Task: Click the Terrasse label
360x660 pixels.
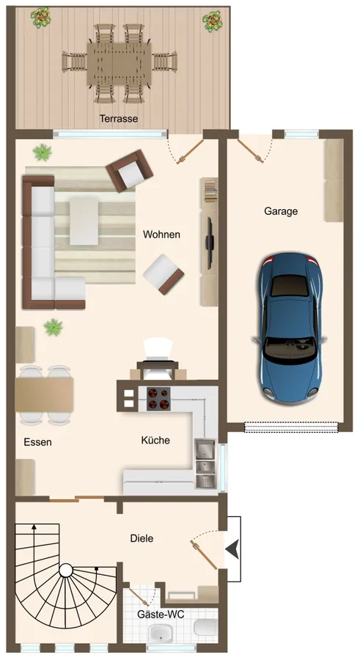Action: (119, 118)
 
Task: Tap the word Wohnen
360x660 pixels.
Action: (161, 235)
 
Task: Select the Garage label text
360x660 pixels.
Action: (281, 211)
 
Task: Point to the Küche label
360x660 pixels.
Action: (155, 441)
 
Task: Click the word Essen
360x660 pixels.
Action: (37, 442)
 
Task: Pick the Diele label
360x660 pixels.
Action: (142, 538)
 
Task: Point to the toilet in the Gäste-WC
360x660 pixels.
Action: (205, 626)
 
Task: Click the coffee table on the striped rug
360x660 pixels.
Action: (84, 221)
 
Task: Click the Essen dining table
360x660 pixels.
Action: (45, 395)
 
